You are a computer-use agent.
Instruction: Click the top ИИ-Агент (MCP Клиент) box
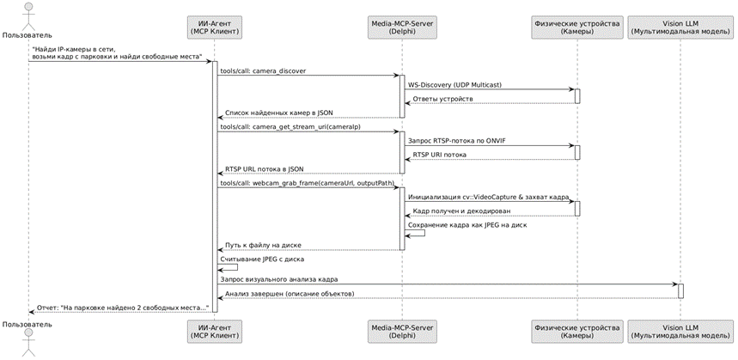(215, 27)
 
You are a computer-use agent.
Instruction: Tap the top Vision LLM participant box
(680, 27)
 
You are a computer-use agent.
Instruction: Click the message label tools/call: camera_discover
(263, 71)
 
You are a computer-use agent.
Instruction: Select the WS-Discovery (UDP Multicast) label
(454, 85)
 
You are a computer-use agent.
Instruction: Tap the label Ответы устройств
(443, 99)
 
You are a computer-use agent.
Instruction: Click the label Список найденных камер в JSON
(278, 113)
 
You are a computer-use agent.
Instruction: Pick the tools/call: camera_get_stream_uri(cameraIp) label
(290, 127)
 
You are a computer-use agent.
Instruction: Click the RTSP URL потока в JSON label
(264, 169)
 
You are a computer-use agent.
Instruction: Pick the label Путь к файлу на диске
(263, 245)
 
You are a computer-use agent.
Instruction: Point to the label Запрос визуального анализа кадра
(278, 278)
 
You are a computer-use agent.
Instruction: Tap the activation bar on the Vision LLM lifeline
(680, 290)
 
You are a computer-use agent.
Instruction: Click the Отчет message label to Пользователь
(122, 308)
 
